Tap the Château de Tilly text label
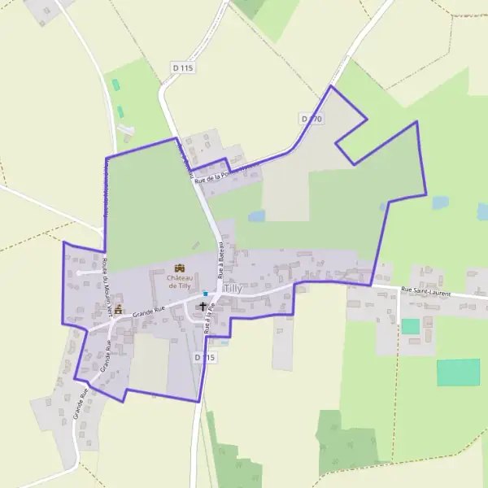click(x=179, y=281)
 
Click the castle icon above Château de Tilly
click(x=180, y=268)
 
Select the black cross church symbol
click(x=203, y=307)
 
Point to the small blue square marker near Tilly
click(x=206, y=294)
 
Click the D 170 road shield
click(x=312, y=119)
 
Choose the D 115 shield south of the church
click(x=205, y=357)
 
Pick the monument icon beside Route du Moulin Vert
click(x=119, y=309)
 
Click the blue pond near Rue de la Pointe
click(x=256, y=216)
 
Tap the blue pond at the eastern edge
click(x=440, y=203)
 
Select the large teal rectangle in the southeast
click(x=458, y=372)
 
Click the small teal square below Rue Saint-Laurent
click(x=411, y=326)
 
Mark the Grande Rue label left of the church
click(x=149, y=310)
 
